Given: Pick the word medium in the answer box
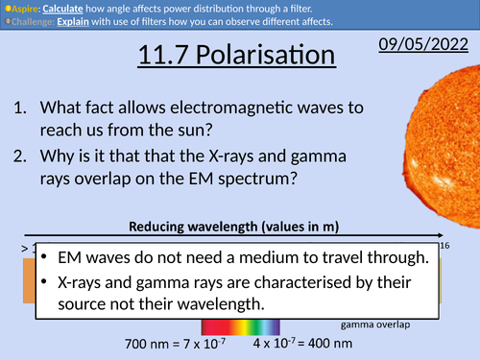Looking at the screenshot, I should pos(281,258).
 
